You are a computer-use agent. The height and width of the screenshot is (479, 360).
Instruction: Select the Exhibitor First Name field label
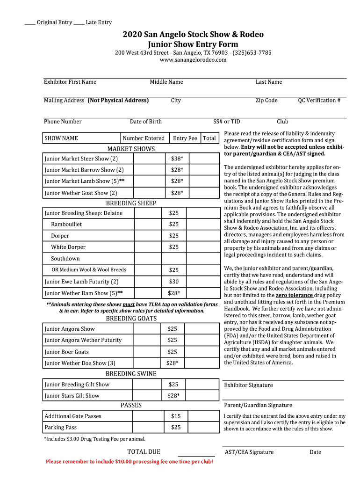tap(70, 82)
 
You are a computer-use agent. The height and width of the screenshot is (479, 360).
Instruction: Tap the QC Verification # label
tap(319, 100)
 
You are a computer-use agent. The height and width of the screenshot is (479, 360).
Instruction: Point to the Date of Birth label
tap(146, 122)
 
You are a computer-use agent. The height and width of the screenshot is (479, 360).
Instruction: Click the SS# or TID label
tap(227, 122)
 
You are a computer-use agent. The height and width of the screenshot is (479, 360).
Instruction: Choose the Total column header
tap(209, 138)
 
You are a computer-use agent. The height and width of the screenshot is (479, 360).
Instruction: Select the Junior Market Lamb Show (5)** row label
tap(84, 181)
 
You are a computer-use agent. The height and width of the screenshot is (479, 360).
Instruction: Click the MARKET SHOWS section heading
tap(131, 149)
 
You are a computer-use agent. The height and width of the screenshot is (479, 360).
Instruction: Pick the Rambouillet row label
tap(66, 224)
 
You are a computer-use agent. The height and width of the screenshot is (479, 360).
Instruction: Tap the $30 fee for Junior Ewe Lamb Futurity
tap(174, 282)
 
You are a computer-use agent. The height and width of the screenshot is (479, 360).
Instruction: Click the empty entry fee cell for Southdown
tap(174, 258)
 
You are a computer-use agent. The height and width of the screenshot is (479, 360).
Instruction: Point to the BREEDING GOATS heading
tap(131, 319)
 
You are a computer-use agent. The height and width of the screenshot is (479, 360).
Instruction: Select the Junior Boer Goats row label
tap(66, 352)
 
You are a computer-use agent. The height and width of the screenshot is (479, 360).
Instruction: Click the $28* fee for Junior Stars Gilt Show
tap(173, 396)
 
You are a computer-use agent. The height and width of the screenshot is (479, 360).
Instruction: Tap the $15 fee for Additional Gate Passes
tap(176, 416)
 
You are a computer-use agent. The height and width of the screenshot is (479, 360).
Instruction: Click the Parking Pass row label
tap(61, 427)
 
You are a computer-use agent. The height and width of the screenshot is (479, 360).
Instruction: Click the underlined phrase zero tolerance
tap(294, 295)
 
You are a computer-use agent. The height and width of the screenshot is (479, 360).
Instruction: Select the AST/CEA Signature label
tap(249, 452)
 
